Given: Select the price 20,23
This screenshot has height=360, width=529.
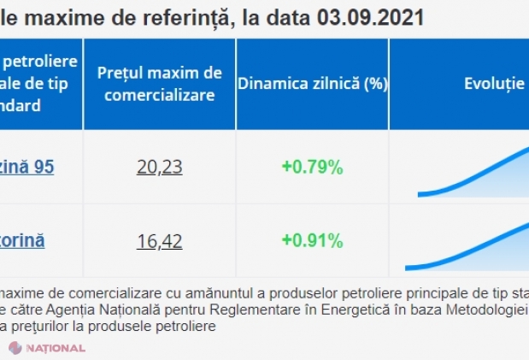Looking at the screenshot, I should [x=159, y=167].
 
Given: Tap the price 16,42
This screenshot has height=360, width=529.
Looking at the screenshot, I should [x=159, y=241].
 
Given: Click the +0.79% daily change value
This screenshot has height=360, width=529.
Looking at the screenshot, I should [x=312, y=167].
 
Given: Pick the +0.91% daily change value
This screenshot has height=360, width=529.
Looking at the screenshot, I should [x=312, y=241].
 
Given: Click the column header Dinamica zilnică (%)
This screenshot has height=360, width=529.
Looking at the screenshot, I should [x=312, y=84].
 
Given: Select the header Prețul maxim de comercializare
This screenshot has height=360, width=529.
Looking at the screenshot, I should [x=159, y=84].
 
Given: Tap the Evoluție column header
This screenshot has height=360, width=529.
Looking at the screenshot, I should [x=494, y=84].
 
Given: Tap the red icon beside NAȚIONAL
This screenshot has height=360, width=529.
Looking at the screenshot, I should [x=15, y=348].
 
